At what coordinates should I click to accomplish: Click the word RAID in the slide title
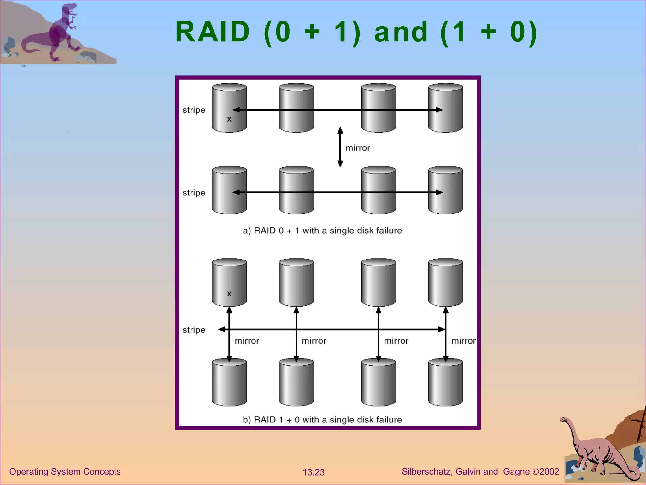click(212, 32)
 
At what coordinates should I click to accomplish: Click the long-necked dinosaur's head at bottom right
click(563, 420)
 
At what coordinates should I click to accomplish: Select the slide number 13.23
click(314, 472)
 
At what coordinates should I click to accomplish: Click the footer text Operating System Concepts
click(65, 471)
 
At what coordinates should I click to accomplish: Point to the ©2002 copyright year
click(546, 471)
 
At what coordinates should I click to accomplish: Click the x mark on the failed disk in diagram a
click(229, 119)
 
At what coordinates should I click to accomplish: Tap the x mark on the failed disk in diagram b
click(229, 293)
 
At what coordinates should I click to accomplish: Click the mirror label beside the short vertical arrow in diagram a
click(358, 148)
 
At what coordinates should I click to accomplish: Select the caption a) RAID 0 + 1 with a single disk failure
click(322, 231)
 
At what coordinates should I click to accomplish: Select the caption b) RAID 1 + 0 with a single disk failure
click(322, 420)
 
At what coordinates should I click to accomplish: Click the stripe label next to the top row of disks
click(194, 110)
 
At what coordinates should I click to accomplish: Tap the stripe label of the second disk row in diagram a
click(194, 193)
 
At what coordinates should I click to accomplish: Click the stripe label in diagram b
click(194, 330)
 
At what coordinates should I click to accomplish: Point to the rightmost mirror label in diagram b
click(463, 341)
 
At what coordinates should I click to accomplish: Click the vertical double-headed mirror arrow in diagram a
click(340, 147)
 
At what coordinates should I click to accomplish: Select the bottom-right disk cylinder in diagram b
click(445, 383)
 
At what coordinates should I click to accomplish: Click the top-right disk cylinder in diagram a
click(445, 108)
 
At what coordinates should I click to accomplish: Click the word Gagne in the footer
click(516, 471)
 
